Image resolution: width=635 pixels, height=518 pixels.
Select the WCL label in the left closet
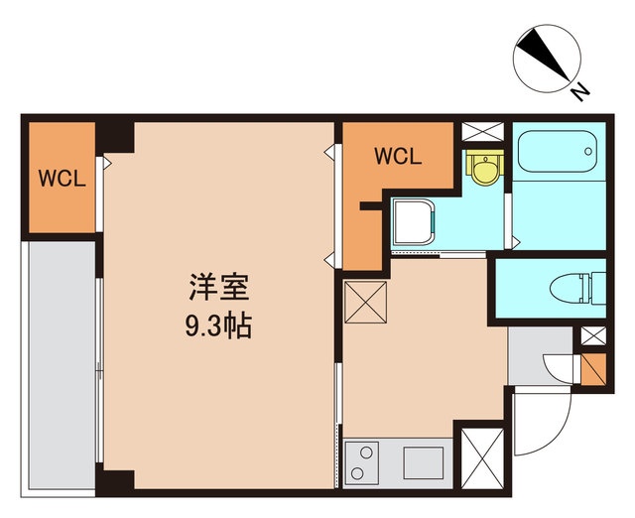[x=62, y=180]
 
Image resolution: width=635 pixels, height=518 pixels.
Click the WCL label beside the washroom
[x=398, y=156]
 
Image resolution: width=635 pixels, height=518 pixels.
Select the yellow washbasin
[x=483, y=169]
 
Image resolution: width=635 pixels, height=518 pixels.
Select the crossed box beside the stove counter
[x=478, y=456]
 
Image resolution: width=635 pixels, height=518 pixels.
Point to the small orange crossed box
[x=593, y=369]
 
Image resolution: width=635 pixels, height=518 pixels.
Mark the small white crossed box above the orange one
[x=593, y=337]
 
